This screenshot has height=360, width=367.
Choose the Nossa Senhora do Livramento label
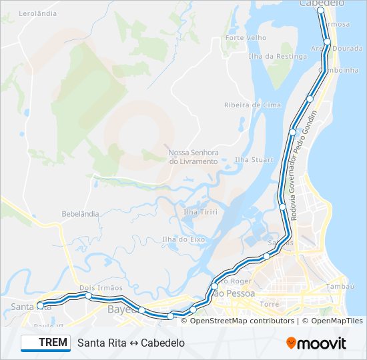click(x=193, y=157)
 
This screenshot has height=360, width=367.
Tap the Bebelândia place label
click(x=80, y=214)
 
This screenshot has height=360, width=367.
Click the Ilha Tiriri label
click(x=196, y=212)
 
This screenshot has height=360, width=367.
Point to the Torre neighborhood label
click(x=270, y=304)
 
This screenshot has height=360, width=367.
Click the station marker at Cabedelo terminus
click(x=320, y=11)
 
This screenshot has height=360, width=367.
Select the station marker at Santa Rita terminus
click(x=40, y=305)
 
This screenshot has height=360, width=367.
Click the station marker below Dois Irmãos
click(x=88, y=295)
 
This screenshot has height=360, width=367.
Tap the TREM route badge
click(x=45, y=343)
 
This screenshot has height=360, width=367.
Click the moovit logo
click(x=316, y=343)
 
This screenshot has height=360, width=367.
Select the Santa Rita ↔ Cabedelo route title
click(x=131, y=343)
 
